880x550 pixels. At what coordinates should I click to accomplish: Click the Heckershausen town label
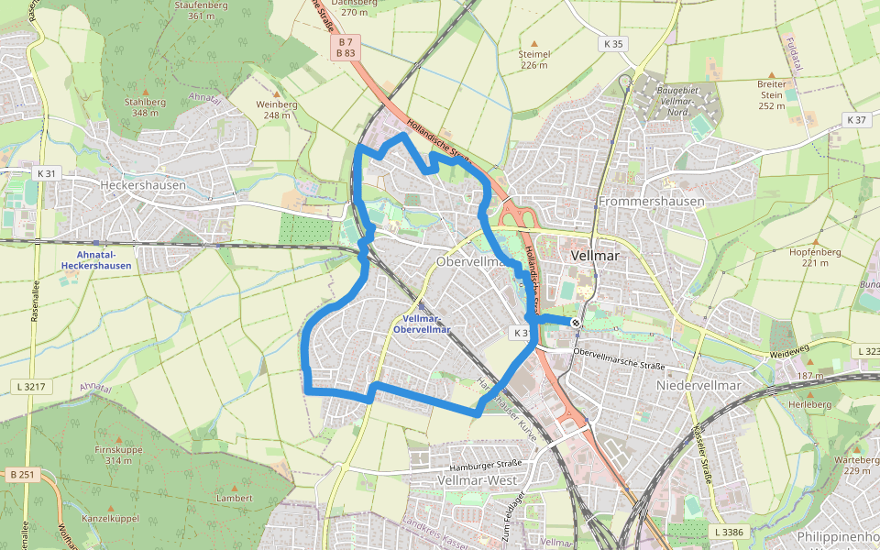point(142,184)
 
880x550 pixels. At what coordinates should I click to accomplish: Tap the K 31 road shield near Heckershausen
point(47,173)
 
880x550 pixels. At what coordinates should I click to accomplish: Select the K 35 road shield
point(613,44)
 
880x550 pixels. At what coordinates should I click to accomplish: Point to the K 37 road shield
point(856,120)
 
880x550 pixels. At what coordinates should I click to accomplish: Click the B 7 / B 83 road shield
point(346,48)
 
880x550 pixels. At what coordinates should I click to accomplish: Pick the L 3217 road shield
point(31,387)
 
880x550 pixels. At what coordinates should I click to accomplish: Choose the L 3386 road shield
point(729,532)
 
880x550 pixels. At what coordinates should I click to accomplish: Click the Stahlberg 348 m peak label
point(145,107)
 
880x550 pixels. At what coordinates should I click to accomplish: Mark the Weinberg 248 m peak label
point(277,109)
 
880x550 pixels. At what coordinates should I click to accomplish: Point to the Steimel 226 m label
point(533,59)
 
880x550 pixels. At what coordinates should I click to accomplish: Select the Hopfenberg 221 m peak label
point(808,257)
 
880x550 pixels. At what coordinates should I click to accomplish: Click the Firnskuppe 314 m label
point(118,455)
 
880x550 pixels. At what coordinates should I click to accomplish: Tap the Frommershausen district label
point(651,201)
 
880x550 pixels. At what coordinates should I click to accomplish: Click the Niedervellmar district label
point(698,385)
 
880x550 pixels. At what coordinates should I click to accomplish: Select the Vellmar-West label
point(477,480)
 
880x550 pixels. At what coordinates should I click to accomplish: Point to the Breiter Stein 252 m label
point(772,94)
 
